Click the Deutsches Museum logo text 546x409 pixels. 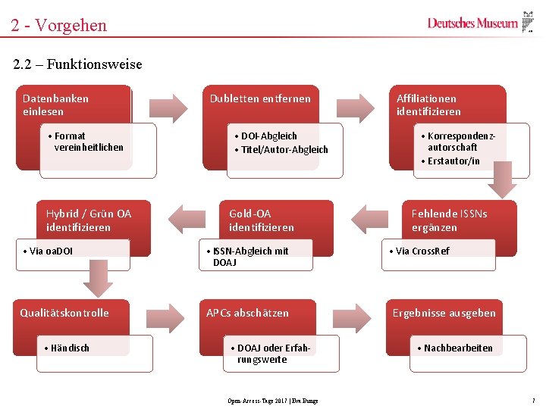pos(472,23)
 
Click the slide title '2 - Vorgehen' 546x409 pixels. pos(59,26)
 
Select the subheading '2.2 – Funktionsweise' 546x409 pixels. pos(77,64)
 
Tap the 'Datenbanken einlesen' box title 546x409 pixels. pos(55,105)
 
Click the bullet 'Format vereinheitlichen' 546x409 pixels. pos(88,142)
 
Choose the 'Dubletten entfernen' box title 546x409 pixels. pos(260,98)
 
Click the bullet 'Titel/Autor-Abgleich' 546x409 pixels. pos(284,150)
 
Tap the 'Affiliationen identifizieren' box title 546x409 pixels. pos(428,105)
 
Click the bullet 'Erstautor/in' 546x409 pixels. pos(453,161)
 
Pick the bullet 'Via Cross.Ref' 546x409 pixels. pos(422,251)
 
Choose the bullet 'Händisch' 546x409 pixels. pos(69,348)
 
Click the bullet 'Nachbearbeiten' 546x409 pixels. pos(457,348)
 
